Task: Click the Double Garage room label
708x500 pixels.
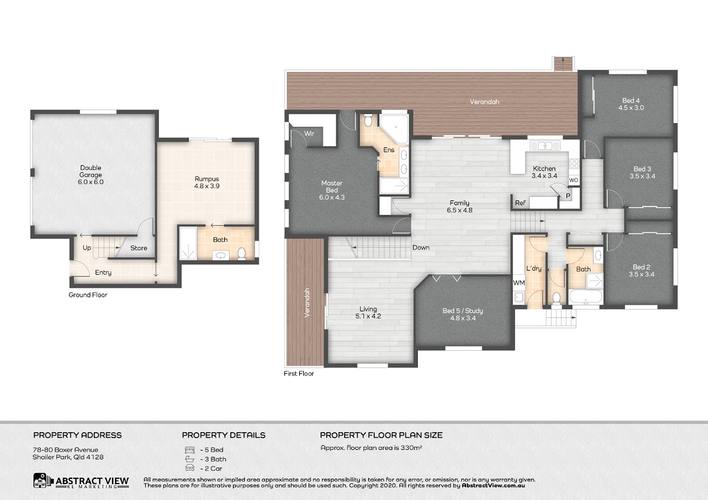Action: (91, 175)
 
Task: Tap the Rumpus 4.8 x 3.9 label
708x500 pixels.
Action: (206, 182)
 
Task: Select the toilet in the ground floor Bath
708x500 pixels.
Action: (242, 254)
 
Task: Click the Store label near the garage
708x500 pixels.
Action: (139, 248)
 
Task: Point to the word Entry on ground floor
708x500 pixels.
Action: (103, 272)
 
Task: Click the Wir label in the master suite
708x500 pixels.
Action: (309, 134)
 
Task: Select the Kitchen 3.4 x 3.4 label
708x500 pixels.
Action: (544, 172)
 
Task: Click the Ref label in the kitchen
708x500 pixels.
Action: (520, 203)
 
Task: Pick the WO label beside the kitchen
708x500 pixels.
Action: (573, 180)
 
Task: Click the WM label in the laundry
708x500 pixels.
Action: (519, 282)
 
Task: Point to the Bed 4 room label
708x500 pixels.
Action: (631, 104)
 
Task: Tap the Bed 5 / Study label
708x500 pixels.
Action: (463, 314)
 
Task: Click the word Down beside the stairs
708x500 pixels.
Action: (421, 248)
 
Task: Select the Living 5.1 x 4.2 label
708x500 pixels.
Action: (368, 312)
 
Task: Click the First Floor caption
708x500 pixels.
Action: (299, 373)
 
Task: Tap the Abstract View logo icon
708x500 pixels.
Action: (42, 481)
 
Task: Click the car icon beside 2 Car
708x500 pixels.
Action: (189, 468)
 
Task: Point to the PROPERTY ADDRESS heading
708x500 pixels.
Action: (77, 435)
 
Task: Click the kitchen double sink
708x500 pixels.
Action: (545, 146)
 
